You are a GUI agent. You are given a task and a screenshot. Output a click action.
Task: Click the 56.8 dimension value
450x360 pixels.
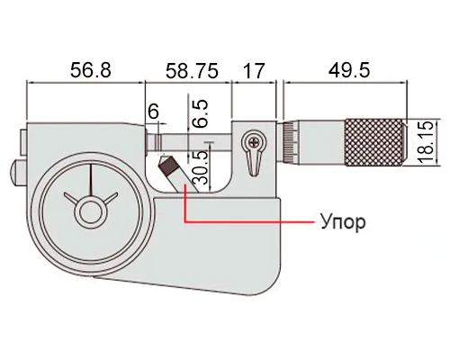pos(91,71)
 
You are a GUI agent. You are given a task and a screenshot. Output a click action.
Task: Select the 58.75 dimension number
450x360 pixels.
pos(192,71)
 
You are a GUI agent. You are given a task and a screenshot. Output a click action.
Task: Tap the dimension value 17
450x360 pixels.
pos(254,71)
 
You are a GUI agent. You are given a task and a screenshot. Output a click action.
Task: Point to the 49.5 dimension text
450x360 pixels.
pos(349,71)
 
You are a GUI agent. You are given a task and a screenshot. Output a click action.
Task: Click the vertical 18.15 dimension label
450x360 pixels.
pos(426,142)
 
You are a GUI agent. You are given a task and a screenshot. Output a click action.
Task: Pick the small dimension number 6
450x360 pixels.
pos(153,112)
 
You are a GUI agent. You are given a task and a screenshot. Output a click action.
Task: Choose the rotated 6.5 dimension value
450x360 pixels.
pos(199,113)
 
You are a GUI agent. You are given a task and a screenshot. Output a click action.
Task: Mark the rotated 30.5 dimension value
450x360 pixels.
pos(200,167)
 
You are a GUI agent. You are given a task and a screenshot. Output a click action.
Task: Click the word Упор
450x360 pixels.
pos(343,222)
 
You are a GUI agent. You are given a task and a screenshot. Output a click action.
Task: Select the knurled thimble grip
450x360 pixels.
pos(374,142)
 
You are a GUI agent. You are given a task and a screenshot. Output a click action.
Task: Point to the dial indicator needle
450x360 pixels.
pos(91,179)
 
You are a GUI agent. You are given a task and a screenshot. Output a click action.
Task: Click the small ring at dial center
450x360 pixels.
pos(89,211)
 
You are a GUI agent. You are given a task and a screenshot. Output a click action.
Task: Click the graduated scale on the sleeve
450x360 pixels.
pos(290,142)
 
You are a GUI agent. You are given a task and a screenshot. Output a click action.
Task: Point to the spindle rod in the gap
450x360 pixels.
pos(195,142)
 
